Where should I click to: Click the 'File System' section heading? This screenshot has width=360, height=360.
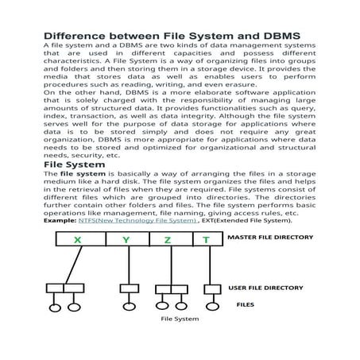73,165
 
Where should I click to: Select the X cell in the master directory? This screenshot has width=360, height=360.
77,240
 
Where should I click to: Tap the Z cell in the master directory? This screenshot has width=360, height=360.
168,240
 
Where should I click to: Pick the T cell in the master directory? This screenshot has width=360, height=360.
207,240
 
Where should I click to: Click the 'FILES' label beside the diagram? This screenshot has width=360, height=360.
246,304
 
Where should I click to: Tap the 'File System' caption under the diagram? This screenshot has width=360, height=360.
180,319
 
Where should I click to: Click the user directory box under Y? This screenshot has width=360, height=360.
129,288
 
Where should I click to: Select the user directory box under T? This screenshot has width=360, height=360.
211,288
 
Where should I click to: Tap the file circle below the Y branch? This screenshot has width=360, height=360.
129,307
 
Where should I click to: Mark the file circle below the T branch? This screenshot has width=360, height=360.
211,306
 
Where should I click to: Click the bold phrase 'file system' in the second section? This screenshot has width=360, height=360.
74,173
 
